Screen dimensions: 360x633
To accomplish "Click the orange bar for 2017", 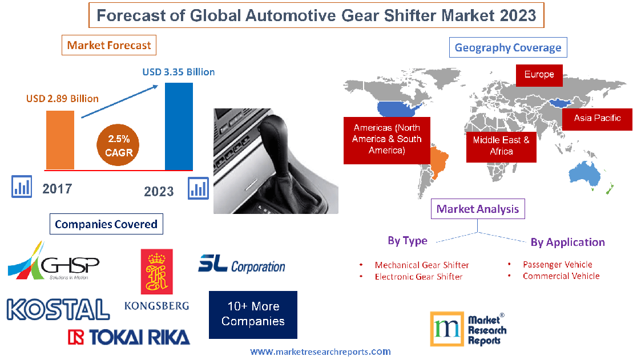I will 60,140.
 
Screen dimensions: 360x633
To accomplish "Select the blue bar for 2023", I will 179,126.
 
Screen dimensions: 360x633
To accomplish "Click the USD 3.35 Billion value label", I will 179,72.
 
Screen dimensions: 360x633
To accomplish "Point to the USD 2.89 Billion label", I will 62,99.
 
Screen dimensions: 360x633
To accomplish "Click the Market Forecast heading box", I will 109,45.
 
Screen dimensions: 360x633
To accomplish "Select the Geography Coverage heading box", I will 508,47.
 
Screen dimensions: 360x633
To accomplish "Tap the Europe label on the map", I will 539,75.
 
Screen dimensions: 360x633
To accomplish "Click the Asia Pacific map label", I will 597,118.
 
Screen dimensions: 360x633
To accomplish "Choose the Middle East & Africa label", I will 501,145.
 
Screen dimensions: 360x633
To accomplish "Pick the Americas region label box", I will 386,139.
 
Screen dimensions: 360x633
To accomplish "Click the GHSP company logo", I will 54,262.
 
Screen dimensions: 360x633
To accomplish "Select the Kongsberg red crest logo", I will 156,272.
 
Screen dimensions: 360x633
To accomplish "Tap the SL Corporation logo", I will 241,264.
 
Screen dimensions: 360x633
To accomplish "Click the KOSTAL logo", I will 58,309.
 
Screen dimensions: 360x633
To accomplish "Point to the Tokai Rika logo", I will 128,337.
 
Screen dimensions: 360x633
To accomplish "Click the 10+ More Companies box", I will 253,314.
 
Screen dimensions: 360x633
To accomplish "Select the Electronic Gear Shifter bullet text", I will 418,277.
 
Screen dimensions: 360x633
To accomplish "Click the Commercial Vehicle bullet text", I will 561,276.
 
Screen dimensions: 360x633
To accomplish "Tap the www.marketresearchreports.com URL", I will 320,352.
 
